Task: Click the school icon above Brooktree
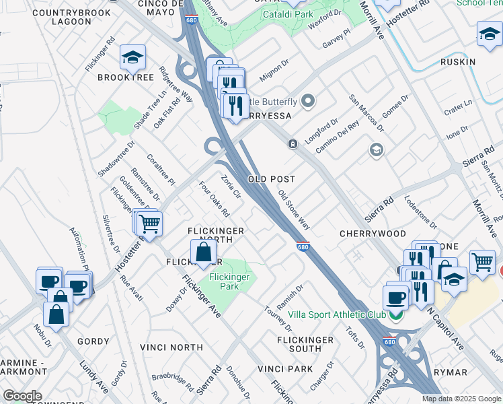(133, 58)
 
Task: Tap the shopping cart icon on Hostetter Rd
(149, 224)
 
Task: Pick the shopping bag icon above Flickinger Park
(203, 254)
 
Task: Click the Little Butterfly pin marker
(309, 102)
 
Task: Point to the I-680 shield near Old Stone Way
(303, 247)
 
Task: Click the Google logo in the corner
(22, 396)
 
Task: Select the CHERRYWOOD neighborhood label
(373, 234)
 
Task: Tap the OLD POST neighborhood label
(271, 180)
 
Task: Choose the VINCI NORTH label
(171, 347)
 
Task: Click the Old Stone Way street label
(295, 209)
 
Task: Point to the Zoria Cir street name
(231, 187)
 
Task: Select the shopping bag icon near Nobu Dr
(56, 314)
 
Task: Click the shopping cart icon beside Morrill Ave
(482, 262)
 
